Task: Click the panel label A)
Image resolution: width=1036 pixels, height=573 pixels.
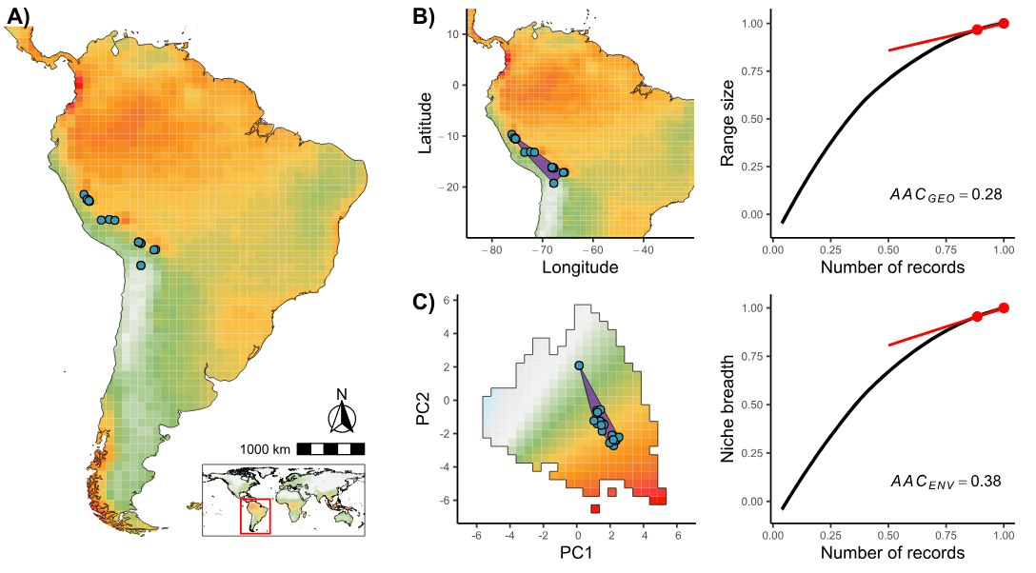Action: [20, 16]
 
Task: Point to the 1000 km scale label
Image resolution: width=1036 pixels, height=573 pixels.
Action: [265, 448]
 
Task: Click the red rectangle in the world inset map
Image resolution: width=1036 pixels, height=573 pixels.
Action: [254, 516]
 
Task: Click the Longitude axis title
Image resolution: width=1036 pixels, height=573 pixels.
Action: [580, 267]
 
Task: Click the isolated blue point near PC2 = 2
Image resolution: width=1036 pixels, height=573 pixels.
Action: [579, 366]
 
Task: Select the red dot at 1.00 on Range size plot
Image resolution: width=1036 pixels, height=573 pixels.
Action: [1004, 23]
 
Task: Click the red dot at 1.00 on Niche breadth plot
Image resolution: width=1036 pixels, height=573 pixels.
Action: [1004, 308]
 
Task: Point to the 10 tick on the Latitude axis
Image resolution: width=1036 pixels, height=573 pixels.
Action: [454, 34]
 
